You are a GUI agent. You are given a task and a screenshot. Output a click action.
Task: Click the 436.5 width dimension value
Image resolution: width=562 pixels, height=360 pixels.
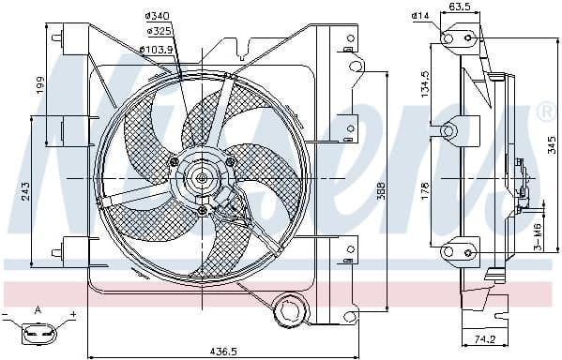point(222,351)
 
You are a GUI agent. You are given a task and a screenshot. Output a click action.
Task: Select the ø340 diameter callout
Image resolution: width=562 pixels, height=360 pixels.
point(157,16)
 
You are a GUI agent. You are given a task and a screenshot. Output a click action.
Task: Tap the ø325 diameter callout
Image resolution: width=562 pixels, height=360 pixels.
point(157,33)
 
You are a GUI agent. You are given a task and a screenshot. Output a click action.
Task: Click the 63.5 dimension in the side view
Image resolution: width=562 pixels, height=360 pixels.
point(461,7)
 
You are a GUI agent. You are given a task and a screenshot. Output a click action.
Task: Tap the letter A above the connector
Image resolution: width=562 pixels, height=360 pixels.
point(38,309)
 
